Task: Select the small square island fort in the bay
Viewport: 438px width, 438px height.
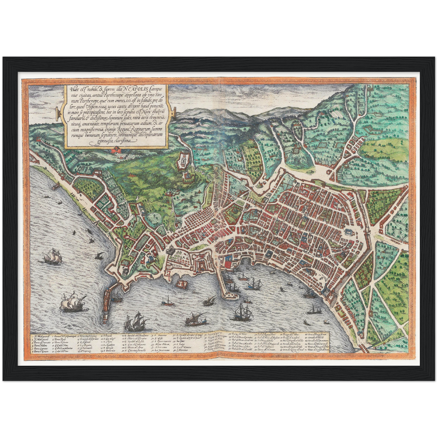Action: [x=182, y=284]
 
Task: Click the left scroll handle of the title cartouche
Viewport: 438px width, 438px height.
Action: [x=58, y=114]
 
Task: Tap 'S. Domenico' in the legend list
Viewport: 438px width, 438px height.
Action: [x=109, y=351]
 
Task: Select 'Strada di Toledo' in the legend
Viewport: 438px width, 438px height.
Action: [x=316, y=338]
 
